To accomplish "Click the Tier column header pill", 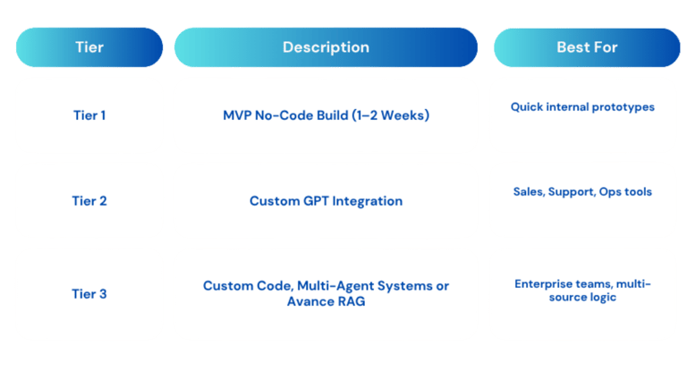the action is tap(89, 47).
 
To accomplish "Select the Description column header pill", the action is tap(326, 47).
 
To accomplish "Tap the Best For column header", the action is tap(587, 47).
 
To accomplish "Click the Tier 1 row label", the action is tap(89, 115).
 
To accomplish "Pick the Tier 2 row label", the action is tap(89, 200).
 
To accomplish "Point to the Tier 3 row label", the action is tap(89, 293).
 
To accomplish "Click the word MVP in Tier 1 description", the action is tap(237, 115).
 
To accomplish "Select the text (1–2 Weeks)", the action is tap(390, 115).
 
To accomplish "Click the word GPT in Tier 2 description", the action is tap(316, 200).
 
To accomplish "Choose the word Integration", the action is tap(367, 201).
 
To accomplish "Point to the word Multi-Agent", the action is tap(335, 286).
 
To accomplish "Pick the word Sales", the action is tap(530, 192).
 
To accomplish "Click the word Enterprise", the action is tap(541, 284).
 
